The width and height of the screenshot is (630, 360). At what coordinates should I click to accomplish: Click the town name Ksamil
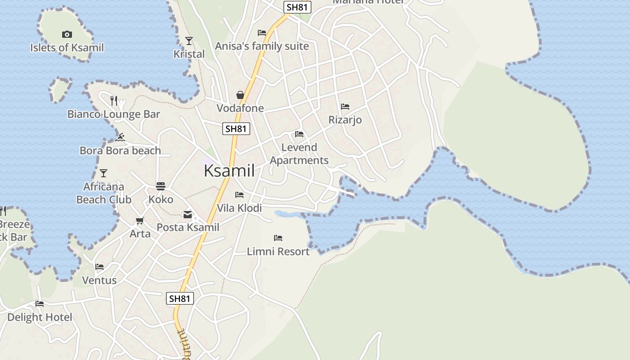point(229,171)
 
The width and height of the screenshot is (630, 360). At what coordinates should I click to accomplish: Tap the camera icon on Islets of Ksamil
point(67,34)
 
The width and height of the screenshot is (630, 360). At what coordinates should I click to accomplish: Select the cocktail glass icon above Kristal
point(189,41)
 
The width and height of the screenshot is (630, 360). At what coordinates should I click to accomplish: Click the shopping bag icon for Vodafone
point(240,95)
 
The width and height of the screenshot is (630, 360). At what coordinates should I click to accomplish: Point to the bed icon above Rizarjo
point(345,107)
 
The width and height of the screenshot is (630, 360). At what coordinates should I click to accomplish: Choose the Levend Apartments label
point(299,154)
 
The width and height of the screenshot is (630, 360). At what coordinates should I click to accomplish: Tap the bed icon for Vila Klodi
point(239,195)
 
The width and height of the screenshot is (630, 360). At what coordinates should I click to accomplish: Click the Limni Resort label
point(278,252)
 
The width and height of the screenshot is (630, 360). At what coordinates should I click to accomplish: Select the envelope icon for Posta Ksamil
point(187,215)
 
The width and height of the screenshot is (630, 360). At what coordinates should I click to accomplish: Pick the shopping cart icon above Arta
point(140,221)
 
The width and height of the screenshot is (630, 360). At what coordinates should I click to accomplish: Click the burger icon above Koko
point(161,186)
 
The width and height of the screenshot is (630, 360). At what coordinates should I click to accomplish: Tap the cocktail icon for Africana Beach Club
point(103,173)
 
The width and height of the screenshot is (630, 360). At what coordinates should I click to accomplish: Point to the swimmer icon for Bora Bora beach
point(120,137)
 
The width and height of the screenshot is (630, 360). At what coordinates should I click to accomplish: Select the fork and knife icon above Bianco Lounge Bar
point(114,100)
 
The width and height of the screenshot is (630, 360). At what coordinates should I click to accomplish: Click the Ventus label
point(99,280)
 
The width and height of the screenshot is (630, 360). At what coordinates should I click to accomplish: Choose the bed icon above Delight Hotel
point(40,304)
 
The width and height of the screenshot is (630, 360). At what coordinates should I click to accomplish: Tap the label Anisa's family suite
point(262,46)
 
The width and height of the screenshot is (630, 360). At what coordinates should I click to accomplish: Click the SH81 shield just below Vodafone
point(236,129)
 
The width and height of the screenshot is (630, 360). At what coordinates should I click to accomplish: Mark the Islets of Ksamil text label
point(67,48)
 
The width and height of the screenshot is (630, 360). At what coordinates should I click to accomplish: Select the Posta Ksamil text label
point(188,227)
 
